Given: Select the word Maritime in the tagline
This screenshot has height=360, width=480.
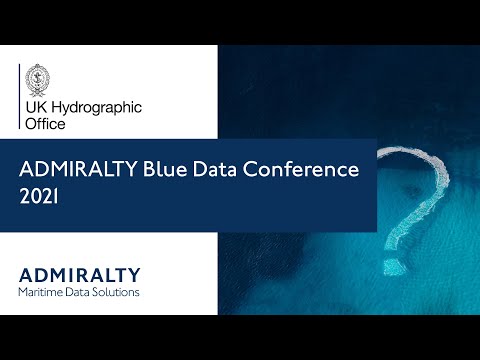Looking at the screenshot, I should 42,292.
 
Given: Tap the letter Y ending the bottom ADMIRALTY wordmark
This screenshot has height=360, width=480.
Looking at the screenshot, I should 135,274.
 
